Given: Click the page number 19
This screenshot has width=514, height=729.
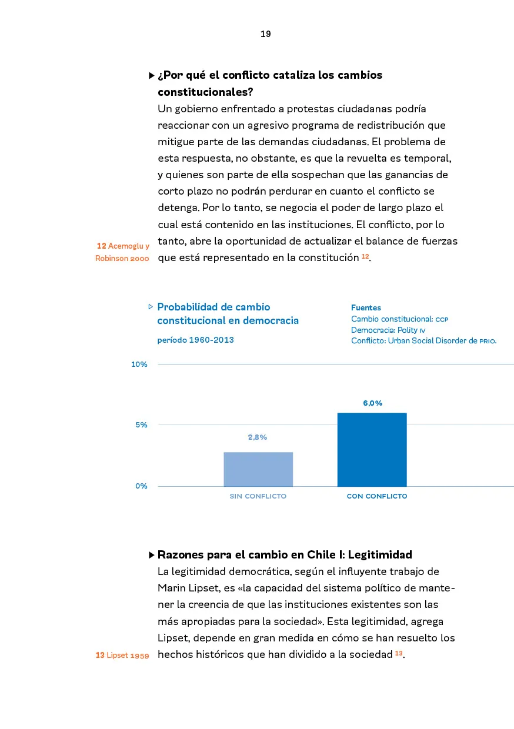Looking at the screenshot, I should tap(265, 34).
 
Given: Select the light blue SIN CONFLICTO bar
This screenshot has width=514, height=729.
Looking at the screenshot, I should tap(258, 469).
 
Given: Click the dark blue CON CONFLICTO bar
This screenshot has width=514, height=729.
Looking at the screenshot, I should tap(372, 450).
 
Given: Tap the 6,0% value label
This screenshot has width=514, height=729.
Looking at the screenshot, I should tap(372, 403).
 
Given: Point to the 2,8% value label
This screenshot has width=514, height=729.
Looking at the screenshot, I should tap(258, 437).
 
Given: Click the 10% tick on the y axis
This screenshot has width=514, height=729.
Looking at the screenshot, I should tap(139, 364).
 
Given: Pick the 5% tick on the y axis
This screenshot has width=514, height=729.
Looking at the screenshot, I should tap(141, 425).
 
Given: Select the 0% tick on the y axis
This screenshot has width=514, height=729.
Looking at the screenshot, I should tap(141, 486).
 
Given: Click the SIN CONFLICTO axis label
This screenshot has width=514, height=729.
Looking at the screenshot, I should tap(258, 496).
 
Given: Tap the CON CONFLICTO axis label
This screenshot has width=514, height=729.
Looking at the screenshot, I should tap(377, 496).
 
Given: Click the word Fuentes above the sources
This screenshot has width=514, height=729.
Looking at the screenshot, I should tap(366, 307).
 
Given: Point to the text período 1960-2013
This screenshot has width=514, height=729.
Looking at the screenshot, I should tap(195, 340).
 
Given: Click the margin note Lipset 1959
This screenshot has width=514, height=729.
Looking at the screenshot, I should tap(122, 656).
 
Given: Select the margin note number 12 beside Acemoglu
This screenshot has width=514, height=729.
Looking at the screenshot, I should tap(101, 246).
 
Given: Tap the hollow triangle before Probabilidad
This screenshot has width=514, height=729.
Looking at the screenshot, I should tap(151, 306).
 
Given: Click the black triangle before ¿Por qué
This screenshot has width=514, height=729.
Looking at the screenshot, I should tap(152, 76).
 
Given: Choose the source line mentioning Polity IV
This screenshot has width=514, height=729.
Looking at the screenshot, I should tap(384, 330).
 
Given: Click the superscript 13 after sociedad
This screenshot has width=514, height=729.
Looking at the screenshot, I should tap(399, 653).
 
